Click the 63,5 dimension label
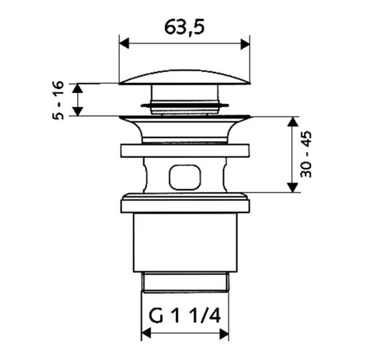coord(185,27)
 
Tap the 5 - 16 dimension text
coord(58,100)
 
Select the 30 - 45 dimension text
coord(306,154)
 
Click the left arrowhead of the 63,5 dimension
coord(124,44)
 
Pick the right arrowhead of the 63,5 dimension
coord(245,44)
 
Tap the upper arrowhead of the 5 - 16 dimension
coord(78,88)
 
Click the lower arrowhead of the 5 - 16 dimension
coord(78,111)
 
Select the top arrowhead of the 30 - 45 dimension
coord(292,121)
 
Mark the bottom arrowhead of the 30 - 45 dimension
coord(292,188)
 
